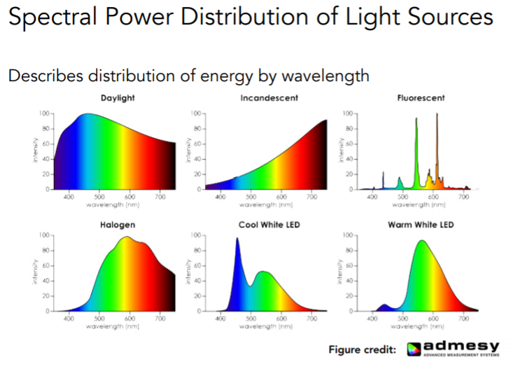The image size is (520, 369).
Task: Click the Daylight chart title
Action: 117,98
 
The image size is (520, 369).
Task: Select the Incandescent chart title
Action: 269,98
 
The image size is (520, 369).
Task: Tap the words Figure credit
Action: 363,349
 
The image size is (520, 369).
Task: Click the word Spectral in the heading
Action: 48,19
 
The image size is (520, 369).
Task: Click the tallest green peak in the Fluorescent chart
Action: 416,120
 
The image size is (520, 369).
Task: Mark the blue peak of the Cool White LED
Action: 237,239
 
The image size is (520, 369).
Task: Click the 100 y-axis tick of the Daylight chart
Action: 44,113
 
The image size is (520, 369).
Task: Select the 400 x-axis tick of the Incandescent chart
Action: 220,197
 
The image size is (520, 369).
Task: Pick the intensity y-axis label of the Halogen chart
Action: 34,272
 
